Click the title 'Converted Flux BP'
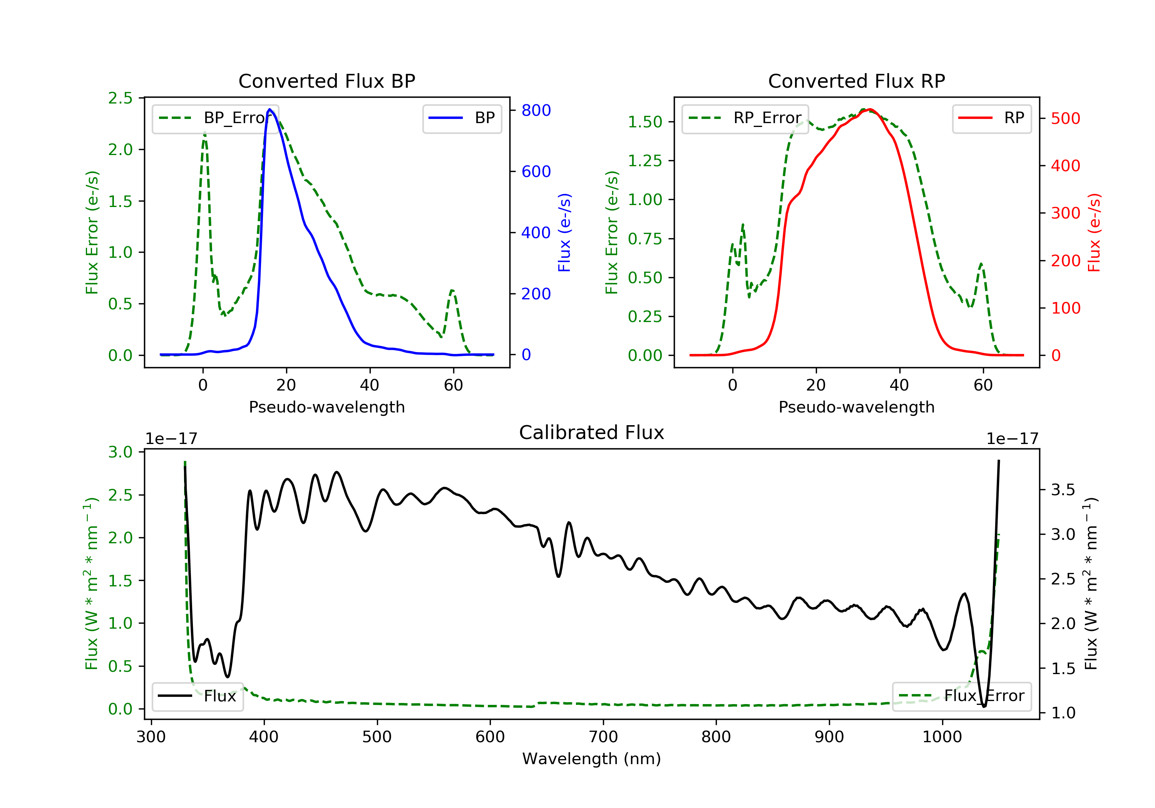point(326,81)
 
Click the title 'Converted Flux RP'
point(856,81)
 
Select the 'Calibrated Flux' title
point(592,432)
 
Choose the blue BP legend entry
point(462,118)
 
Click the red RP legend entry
point(991,118)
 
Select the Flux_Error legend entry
point(961,696)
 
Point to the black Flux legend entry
point(197,696)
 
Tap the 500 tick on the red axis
point(1065,118)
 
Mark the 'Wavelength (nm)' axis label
point(592,759)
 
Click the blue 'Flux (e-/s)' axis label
point(564,232)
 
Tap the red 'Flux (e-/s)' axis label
point(1094,232)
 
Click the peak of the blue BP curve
point(269,109)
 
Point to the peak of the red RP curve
point(870,109)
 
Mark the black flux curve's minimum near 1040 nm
point(984,706)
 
